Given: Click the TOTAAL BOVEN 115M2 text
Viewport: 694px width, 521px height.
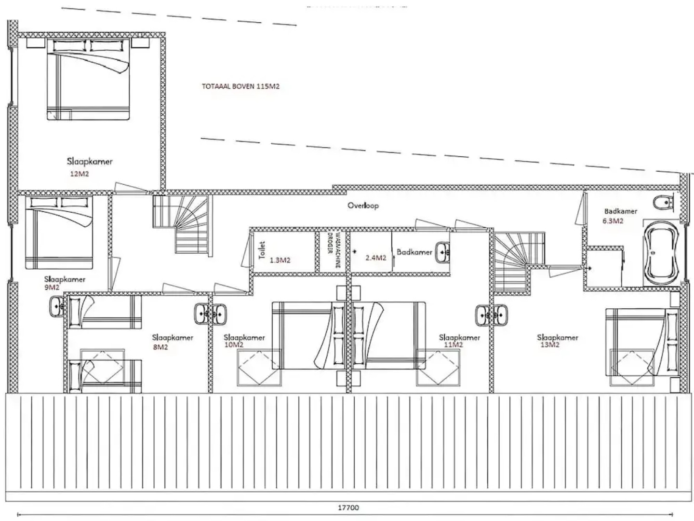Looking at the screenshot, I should [x=240, y=87].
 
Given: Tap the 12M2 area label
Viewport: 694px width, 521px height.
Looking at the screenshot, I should [x=80, y=174].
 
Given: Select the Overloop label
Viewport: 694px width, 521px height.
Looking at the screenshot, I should [x=363, y=206].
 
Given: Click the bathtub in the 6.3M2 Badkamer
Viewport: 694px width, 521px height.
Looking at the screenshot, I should [x=659, y=252].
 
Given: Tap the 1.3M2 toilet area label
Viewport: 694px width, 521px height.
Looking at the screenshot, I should [x=280, y=260].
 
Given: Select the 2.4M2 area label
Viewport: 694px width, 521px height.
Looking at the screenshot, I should [x=375, y=258].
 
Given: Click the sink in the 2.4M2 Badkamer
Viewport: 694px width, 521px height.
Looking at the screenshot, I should [x=443, y=252].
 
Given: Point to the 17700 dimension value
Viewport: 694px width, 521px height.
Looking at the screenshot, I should [x=347, y=507].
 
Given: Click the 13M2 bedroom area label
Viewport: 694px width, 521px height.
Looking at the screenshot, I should [x=550, y=345].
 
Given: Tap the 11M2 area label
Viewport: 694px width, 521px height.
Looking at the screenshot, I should [x=453, y=345].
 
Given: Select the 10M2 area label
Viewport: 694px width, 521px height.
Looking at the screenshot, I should [x=234, y=345].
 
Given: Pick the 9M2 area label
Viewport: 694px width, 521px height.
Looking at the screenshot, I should [x=51, y=287].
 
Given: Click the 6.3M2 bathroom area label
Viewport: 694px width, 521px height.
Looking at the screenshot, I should [x=613, y=221].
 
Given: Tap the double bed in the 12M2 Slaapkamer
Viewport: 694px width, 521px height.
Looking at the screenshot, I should [x=89, y=80].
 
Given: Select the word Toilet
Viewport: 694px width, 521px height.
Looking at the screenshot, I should [x=262, y=250].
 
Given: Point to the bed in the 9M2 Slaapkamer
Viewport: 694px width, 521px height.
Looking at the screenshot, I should [x=59, y=233].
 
